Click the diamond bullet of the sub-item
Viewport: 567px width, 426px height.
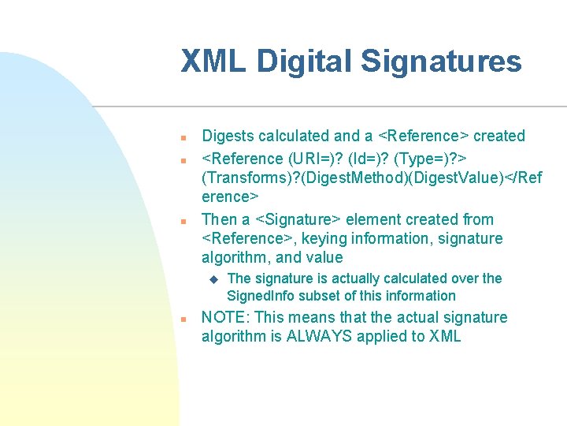click(x=212, y=279)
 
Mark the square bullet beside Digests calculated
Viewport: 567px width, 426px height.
click(x=182, y=137)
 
